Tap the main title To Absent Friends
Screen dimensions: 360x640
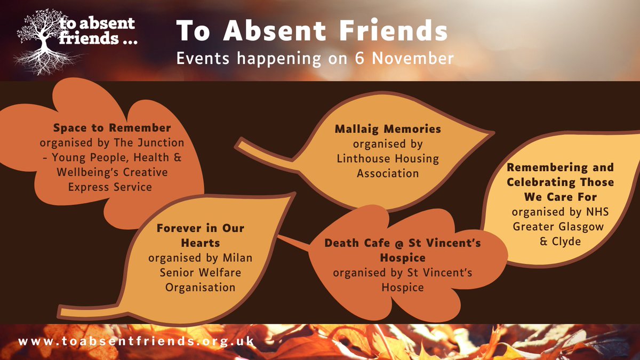(x=312, y=31)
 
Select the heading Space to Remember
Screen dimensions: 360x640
(x=112, y=128)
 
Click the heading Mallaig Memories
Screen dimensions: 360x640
(x=388, y=129)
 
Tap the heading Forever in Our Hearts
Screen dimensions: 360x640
(x=200, y=235)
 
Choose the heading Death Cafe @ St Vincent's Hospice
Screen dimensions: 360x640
(x=403, y=250)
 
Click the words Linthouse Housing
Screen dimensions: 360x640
(x=388, y=159)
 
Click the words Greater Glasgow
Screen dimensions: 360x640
(x=558, y=226)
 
